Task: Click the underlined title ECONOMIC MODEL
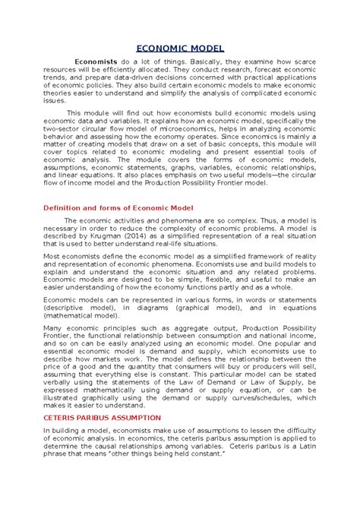click(180, 48)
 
